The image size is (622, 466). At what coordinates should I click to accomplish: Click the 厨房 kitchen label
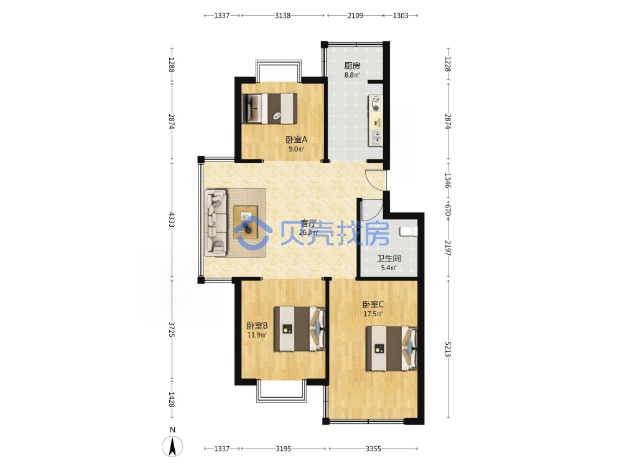pyautogui.click(x=352, y=65)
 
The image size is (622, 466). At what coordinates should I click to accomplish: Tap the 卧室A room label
pyautogui.click(x=296, y=139)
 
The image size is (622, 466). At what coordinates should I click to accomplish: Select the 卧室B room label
pyautogui.click(x=257, y=326)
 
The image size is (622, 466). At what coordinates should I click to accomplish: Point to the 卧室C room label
pyautogui.click(x=373, y=304)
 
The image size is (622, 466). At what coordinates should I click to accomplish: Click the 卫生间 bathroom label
pyautogui.click(x=389, y=258)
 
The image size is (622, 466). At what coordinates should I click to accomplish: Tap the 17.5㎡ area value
pyautogui.click(x=373, y=314)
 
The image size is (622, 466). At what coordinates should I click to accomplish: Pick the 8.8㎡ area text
pyautogui.click(x=352, y=75)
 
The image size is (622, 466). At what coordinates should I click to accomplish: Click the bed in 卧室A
pyautogui.click(x=270, y=108)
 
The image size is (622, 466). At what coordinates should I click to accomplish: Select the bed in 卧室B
pyautogui.click(x=300, y=329)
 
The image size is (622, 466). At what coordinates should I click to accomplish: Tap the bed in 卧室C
pyautogui.click(x=391, y=349)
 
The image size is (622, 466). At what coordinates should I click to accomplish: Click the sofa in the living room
pyautogui.click(x=216, y=222)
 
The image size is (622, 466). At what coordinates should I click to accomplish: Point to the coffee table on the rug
pyautogui.click(x=246, y=222)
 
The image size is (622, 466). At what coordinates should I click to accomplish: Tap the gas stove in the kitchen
pyautogui.click(x=375, y=104)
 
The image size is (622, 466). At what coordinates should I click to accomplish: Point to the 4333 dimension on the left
pyautogui.click(x=172, y=219)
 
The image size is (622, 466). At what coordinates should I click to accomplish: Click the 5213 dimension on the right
pyautogui.click(x=448, y=349)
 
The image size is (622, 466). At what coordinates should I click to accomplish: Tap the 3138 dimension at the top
pyautogui.click(x=283, y=16)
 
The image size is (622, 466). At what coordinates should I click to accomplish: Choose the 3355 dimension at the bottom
pyautogui.click(x=373, y=449)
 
